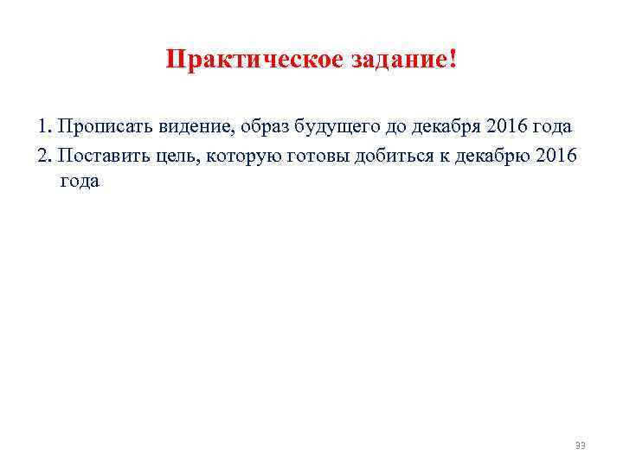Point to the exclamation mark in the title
453,61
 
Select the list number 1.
43,126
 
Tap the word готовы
316,155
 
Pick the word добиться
395,155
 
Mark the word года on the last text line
80,182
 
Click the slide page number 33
581,445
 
